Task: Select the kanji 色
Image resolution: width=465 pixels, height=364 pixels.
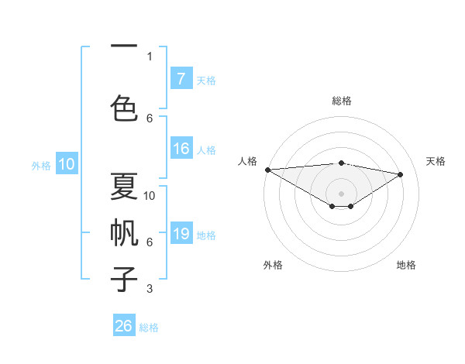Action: pyautogui.click(x=124, y=107)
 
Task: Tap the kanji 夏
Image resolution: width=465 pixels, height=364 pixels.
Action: pyautogui.click(x=124, y=187)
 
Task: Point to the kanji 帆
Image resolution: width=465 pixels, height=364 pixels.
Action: pyautogui.click(x=124, y=233)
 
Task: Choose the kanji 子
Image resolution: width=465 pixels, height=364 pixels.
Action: pyautogui.click(x=124, y=279)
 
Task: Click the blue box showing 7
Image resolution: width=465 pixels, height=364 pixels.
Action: pyautogui.click(x=181, y=78)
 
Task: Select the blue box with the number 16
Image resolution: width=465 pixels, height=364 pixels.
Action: pyautogui.click(x=181, y=149)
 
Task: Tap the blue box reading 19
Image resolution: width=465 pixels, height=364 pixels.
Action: pyautogui.click(x=181, y=234)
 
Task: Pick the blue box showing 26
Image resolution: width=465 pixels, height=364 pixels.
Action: pyautogui.click(x=124, y=326)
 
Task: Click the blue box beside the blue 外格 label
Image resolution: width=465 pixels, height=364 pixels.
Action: pyautogui.click(x=66, y=164)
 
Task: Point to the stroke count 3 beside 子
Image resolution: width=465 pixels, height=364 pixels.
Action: pyautogui.click(x=150, y=289)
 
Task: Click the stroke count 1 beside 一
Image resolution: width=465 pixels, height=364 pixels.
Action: pyautogui.click(x=150, y=56)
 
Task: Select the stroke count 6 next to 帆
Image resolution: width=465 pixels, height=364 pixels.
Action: pyautogui.click(x=150, y=242)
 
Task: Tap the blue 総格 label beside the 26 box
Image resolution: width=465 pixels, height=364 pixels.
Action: pyautogui.click(x=149, y=328)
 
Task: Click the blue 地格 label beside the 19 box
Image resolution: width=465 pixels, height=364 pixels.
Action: pyautogui.click(x=206, y=235)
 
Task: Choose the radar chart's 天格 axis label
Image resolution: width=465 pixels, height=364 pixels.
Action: pyautogui.click(x=436, y=161)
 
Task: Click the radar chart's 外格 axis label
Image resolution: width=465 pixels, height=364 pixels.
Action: pyautogui.click(x=273, y=265)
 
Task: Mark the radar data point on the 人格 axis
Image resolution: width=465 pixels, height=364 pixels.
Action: pyautogui.click(x=267, y=170)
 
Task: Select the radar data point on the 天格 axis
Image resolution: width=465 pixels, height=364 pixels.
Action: pyautogui.click(x=401, y=174)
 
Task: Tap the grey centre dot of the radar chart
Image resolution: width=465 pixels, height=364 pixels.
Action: pyautogui.click(x=341, y=192)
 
